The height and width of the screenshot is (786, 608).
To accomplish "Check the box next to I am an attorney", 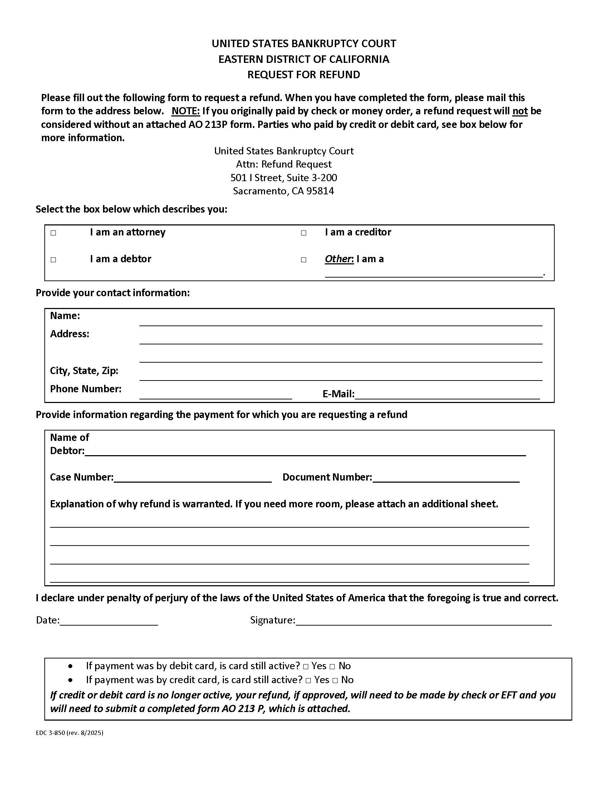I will (53, 233).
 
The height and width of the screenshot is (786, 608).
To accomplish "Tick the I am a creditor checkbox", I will (304, 233).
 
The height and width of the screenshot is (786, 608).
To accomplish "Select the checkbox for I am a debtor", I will (53, 259).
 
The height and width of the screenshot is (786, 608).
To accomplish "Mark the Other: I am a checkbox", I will (304, 259).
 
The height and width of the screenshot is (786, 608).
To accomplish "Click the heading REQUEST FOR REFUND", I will (304, 75).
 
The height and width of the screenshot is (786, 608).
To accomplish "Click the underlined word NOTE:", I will (186, 111).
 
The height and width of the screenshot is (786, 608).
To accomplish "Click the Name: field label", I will (65, 315).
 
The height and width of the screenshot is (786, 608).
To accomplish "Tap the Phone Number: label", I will (86, 389).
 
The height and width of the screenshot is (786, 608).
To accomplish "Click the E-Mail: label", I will (338, 394).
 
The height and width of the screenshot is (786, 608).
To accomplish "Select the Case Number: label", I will (82, 477).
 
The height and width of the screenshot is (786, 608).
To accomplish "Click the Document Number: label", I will (327, 477).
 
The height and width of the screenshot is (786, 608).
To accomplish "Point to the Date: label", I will (48, 620).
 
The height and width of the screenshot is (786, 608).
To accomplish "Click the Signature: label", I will (273, 620).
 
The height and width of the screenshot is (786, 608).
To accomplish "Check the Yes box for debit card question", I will (306, 667).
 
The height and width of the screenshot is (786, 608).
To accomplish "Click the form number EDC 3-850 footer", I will (69, 732).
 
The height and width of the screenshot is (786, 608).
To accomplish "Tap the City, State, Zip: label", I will (84, 371).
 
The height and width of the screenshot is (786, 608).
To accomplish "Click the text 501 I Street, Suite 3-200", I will (284, 178).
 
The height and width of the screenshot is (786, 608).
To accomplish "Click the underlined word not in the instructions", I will (520, 111).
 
